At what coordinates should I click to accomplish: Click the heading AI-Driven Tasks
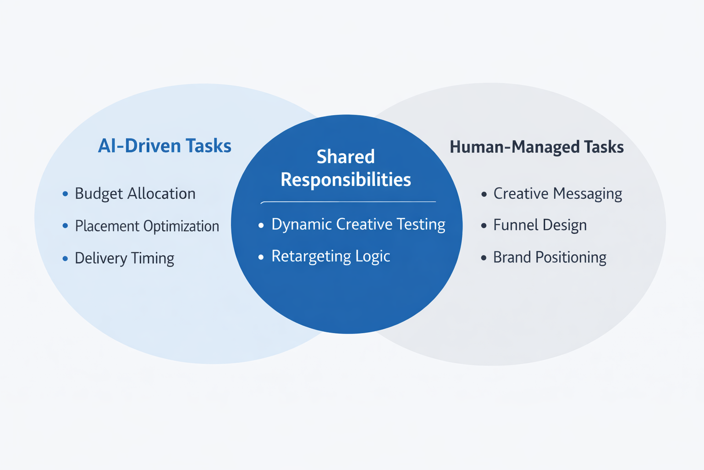165,146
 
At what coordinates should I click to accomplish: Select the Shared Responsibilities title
346,168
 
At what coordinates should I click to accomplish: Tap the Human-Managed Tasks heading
536,147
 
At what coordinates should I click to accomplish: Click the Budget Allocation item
135,194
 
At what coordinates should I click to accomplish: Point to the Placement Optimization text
147,226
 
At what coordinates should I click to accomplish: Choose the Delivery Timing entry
124,258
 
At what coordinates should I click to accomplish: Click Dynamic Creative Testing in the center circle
358,224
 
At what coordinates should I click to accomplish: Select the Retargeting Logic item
330,256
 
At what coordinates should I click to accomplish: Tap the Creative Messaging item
557,194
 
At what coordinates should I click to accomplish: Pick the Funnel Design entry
539,225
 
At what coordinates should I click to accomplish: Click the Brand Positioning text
550,257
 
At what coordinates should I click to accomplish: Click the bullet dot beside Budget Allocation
65,194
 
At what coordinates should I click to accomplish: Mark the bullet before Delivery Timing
65,258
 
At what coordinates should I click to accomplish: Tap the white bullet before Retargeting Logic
261,257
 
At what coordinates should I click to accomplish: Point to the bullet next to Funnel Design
484,225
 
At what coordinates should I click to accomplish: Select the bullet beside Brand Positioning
484,257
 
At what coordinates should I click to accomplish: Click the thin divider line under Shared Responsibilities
348,201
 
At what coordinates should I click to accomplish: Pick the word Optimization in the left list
181,226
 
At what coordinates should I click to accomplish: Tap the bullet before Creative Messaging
484,194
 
